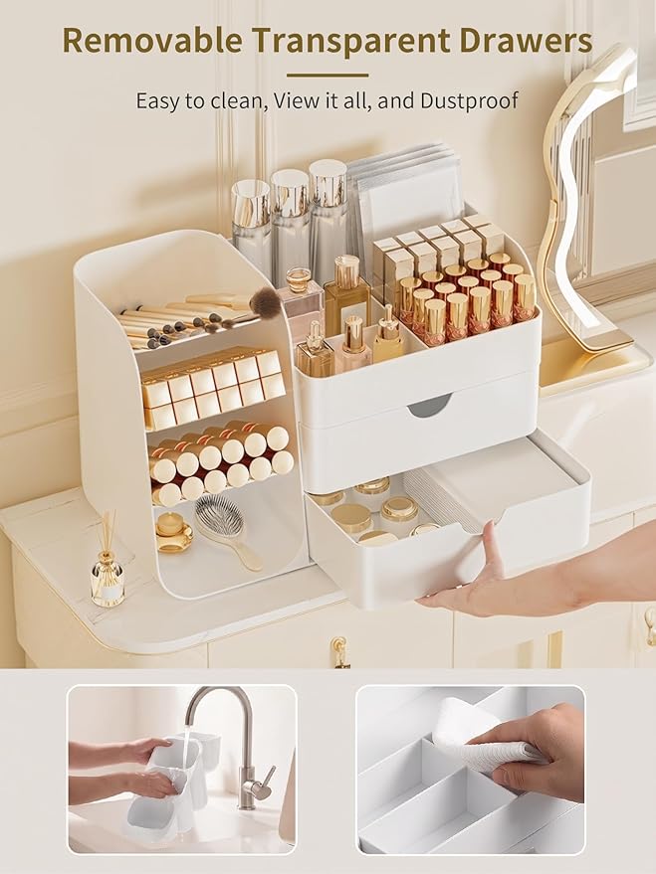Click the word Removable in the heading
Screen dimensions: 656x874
click(152, 40)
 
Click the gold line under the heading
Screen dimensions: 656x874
click(328, 75)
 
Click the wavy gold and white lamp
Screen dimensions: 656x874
click(580, 212)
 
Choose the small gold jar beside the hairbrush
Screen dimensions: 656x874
click(173, 532)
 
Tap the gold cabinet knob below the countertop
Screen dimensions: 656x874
click(339, 652)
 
